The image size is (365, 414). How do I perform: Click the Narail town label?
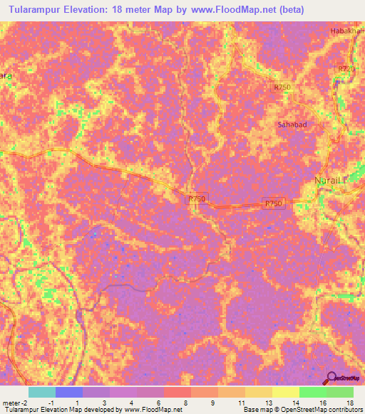coord(329,181)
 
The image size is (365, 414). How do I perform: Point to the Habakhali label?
coord(347,31)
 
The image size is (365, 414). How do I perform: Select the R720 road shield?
coord(345,68)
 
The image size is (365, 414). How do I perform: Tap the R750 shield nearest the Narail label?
coord(274,203)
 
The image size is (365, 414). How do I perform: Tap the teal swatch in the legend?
coord(42,392)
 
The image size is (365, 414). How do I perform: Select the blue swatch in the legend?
coord(69,392)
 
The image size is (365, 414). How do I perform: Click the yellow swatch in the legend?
coord(286,392)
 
